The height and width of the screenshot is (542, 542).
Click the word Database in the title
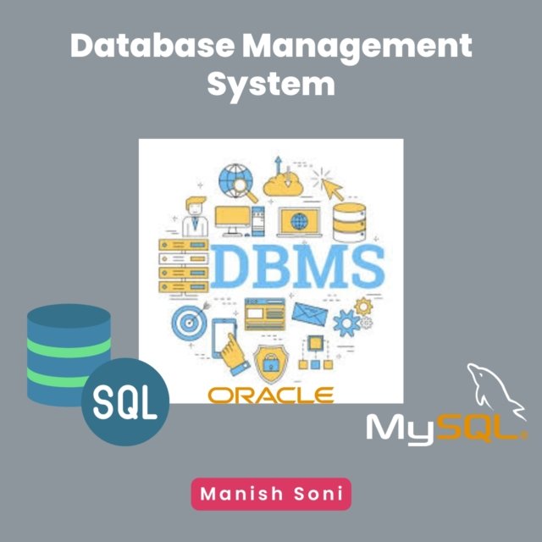coord(152,47)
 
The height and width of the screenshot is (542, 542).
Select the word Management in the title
coord(357,47)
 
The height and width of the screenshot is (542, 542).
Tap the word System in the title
coord(271,85)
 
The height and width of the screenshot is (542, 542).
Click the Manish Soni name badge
coord(271,495)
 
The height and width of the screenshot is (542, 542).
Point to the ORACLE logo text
coord(271,395)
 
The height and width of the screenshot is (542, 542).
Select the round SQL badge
coord(125,405)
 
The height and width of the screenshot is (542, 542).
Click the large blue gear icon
coord(347,323)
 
